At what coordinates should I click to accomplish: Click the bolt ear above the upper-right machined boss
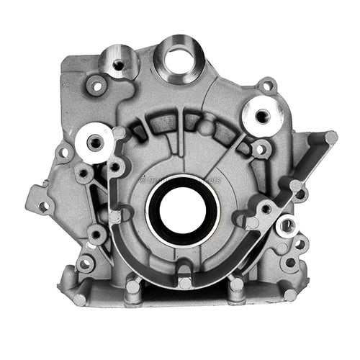tap(267, 86)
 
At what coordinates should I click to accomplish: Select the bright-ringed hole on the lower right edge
tap(287, 225)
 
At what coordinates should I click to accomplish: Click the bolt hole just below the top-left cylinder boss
tap(96, 86)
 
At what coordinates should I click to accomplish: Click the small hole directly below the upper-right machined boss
tap(261, 150)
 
